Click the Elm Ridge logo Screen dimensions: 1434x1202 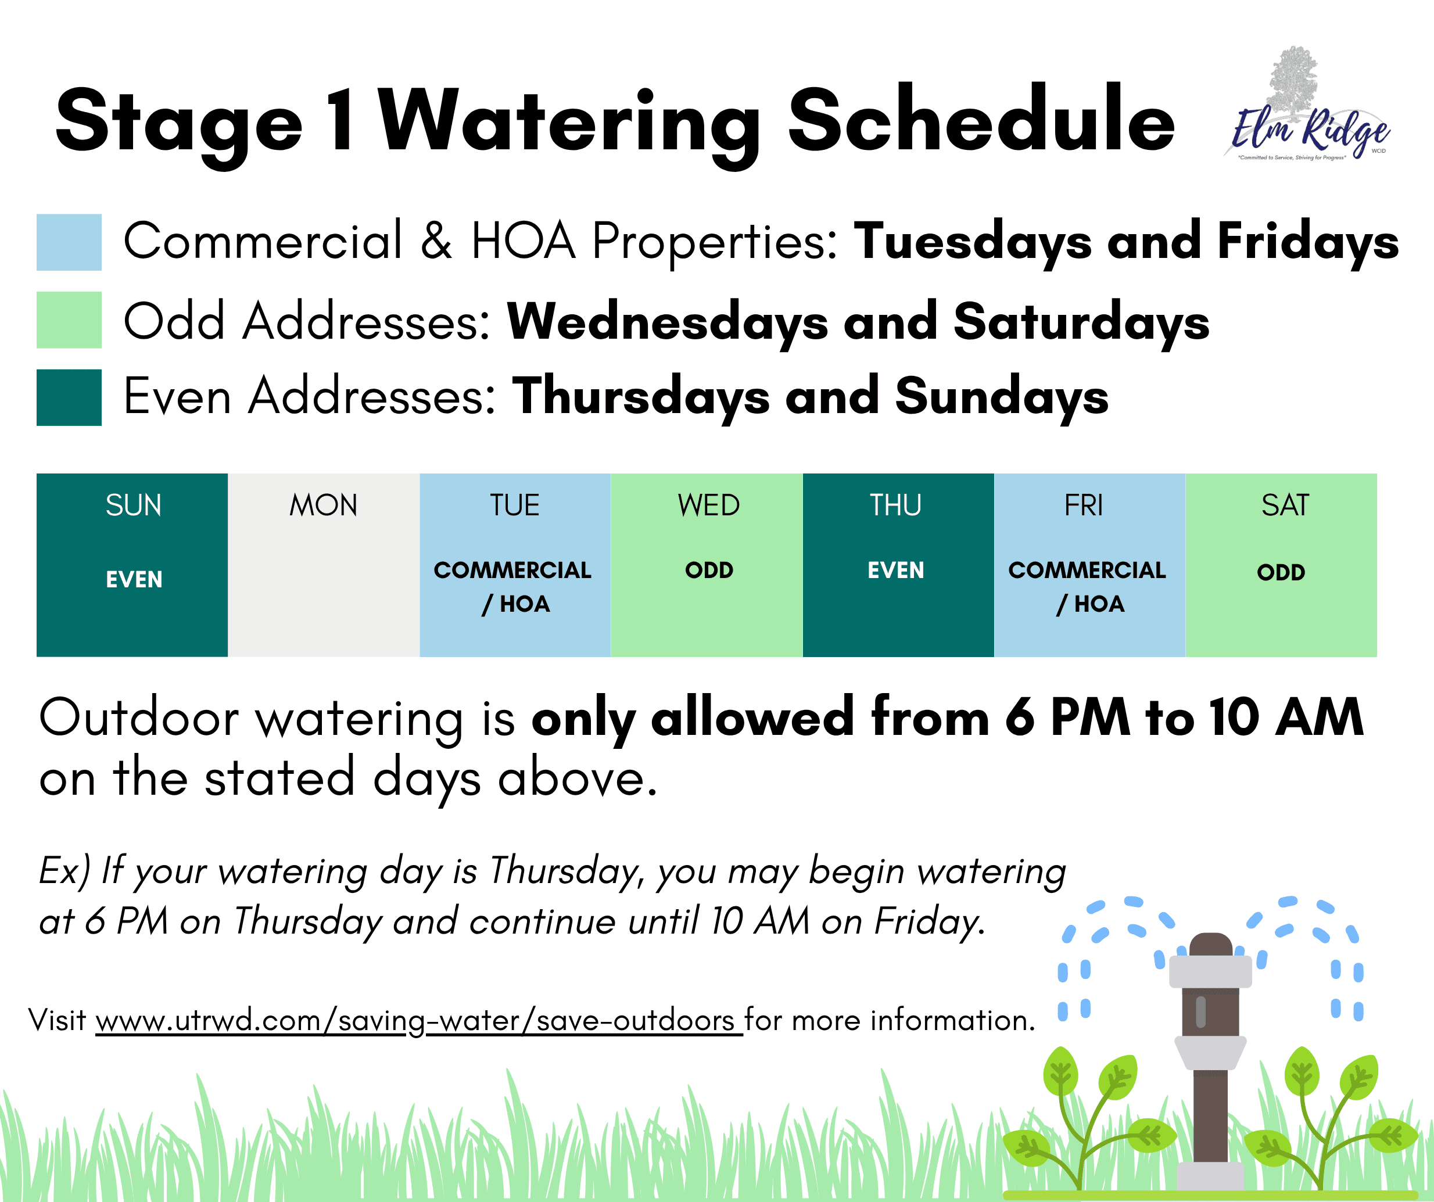(x=1310, y=106)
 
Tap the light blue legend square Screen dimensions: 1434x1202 (x=69, y=242)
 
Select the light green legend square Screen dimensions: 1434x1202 (x=69, y=320)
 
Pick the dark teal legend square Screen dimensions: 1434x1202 (x=69, y=397)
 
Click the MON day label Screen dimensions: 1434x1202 (x=324, y=505)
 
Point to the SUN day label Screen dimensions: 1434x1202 (x=133, y=505)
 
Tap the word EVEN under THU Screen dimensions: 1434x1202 (x=896, y=570)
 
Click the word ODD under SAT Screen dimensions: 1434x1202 (x=1281, y=572)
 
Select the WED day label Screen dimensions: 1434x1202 (x=709, y=505)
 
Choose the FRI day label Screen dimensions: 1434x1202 (x=1084, y=505)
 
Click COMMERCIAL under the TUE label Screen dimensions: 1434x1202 (x=513, y=570)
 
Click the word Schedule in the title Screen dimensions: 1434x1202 (x=981, y=121)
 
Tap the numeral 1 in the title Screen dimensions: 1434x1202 (x=342, y=120)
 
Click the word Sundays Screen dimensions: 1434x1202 (x=1002, y=397)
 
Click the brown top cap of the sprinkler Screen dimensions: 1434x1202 (x=1211, y=945)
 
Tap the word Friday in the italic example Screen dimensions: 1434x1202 (x=930, y=922)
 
